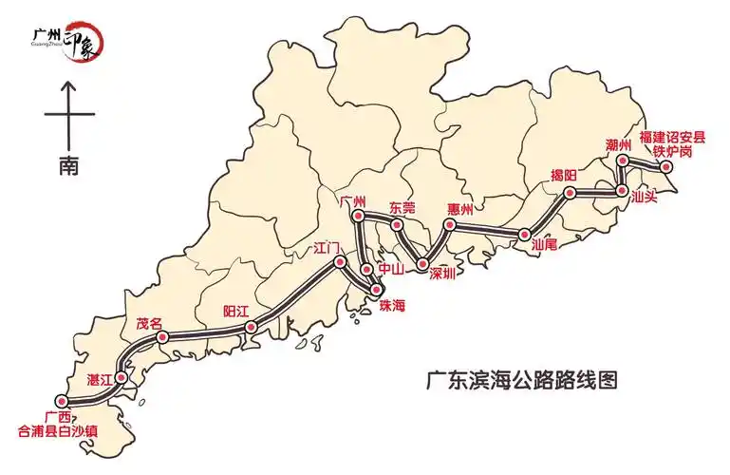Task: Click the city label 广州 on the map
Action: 352,201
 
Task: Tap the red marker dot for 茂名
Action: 162,336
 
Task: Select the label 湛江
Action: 100,379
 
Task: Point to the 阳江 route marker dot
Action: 252,327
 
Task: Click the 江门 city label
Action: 327,250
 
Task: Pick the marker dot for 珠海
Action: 377,289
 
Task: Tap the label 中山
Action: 392,269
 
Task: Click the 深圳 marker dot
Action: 421,263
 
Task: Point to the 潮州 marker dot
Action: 622,161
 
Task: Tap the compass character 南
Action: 68,165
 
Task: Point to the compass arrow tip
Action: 68,83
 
